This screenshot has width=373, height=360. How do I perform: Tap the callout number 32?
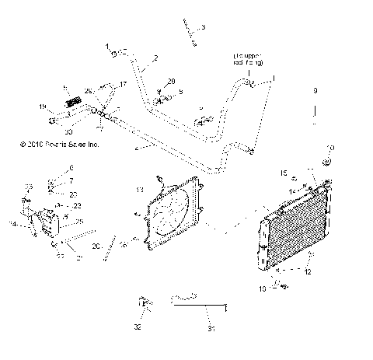click(138, 327)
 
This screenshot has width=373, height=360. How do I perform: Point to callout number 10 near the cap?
click(330, 147)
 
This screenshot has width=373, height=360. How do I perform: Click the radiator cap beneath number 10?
click(327, 161)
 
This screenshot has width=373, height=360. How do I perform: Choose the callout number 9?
click(315, 92)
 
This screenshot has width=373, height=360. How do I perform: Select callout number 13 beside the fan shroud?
click(140, 189)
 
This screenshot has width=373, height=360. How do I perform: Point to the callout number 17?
click(122, 83)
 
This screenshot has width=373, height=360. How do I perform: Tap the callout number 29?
click(172, 81)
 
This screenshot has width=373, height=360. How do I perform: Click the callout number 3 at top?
click(203, 28)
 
